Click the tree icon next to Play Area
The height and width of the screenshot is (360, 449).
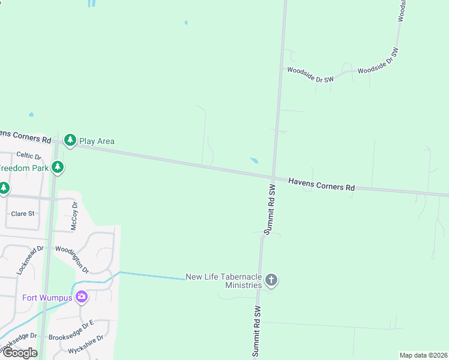(x=70, y=140)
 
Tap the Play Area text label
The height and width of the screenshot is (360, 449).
(x=97, y=141)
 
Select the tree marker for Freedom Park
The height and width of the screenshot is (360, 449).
(x=58, y=167)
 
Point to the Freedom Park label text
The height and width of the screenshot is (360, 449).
(x=24, y=168)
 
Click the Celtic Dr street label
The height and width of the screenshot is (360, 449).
(x=28, y=155)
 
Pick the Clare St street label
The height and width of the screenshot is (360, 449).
(x=23, y=214)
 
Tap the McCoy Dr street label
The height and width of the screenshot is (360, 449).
(x=75, y=215)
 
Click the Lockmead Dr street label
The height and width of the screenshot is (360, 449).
(x=31, y=260)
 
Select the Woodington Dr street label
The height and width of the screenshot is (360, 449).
(x=71, y=259)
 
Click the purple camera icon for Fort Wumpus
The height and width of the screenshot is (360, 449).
(x=82, y=296)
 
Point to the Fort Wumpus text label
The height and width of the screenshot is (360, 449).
(x=47, y=298)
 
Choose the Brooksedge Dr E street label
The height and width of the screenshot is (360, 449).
(x=71, y=331)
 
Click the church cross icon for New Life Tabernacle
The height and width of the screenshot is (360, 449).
(x=271, y=280)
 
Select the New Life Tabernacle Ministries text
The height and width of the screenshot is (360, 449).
(x=224, y=281)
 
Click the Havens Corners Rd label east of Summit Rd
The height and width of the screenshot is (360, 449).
(x=321, y=184)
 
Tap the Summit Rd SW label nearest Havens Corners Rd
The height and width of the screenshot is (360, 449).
(x=271, y=209)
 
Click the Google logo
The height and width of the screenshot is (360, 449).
(x=20, y=353)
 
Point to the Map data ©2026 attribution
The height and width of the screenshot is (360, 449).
(x=423, y=355)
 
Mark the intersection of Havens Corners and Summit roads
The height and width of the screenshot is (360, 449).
(x=273, y=178)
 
